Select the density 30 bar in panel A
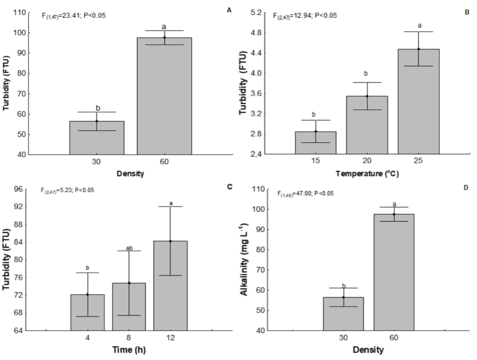pos(97,138)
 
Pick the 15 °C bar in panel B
pos(315,142)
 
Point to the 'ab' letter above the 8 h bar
pos(129,248)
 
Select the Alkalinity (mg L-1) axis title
pos(247,260)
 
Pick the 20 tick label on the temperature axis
pos(367,162)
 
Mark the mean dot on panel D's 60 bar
pos(394,214)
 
